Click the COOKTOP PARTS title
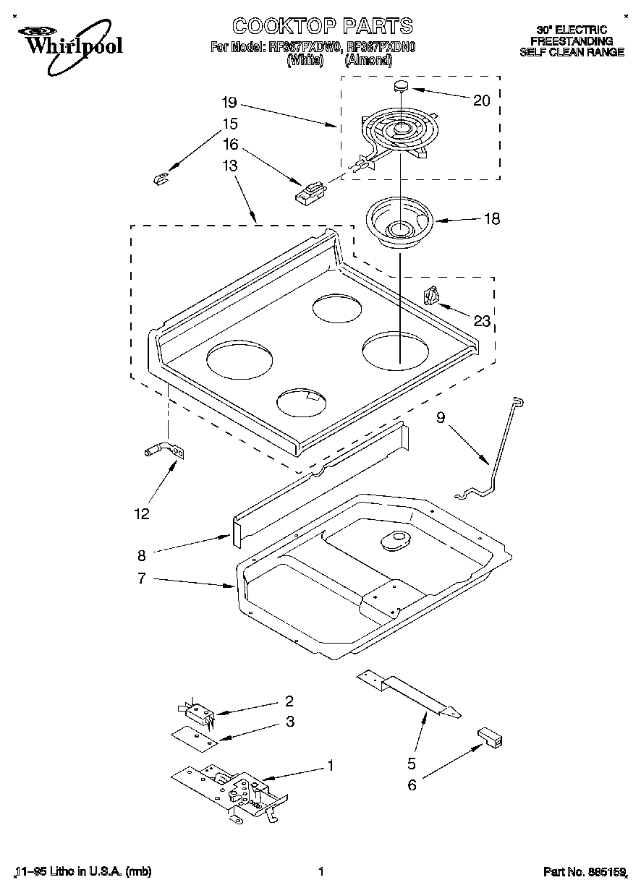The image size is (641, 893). tap(322, 26)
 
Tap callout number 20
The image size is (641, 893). tap(481, 101)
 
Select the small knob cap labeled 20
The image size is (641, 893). tap(401, 87)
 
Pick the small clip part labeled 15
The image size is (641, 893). tap(161, 178)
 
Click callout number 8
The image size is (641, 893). tap(142, 555)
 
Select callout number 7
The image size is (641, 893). tap(142, 578)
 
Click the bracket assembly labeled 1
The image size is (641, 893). tap(232, 792)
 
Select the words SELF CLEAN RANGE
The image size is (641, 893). tap(572, 52)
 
